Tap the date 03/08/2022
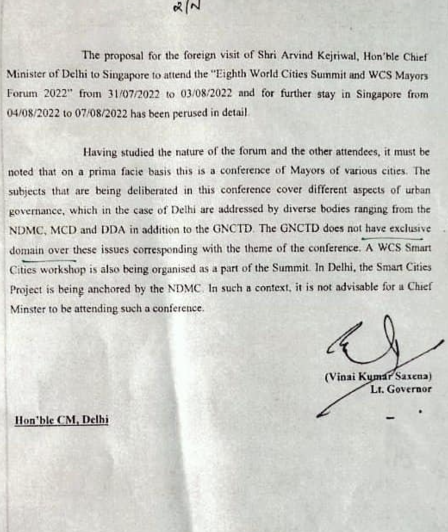[207, 94]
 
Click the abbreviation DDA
[113, 229]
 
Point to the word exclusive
[410, 228]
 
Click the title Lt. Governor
[401, 390]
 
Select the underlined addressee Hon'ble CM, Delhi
[62, 420]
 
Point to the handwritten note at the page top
[187, 7]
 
